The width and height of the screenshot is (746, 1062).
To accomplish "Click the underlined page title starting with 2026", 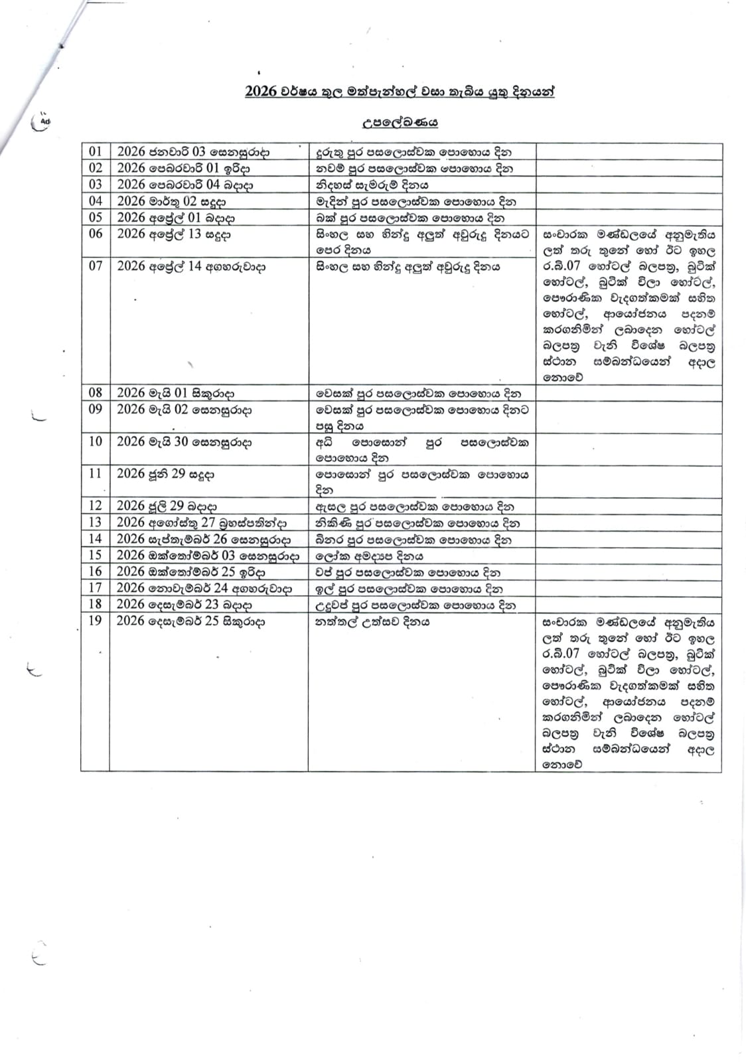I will (400, 92).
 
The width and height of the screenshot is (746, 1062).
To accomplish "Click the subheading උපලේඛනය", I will (400, 122).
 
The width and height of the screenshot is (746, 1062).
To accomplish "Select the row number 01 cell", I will (96, 151).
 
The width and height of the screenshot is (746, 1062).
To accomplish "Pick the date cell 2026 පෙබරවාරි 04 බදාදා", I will (185, 185).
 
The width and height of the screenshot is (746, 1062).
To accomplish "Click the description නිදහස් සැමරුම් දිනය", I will (372, 185).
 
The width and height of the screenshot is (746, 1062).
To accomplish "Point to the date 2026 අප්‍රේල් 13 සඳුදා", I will (174, 234).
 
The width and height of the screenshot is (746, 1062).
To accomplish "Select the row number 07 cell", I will (96, 265).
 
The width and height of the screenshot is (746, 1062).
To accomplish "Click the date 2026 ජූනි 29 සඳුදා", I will (165, 474).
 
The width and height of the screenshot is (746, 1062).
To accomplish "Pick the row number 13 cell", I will (96, 522).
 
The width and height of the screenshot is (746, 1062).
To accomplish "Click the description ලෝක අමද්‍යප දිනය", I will (369, 556).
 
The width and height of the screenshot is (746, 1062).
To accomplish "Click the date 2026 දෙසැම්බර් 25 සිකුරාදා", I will (190, 621).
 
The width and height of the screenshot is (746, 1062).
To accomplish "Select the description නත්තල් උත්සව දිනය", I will (372, 621).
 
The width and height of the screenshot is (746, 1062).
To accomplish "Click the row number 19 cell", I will (96, 621).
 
